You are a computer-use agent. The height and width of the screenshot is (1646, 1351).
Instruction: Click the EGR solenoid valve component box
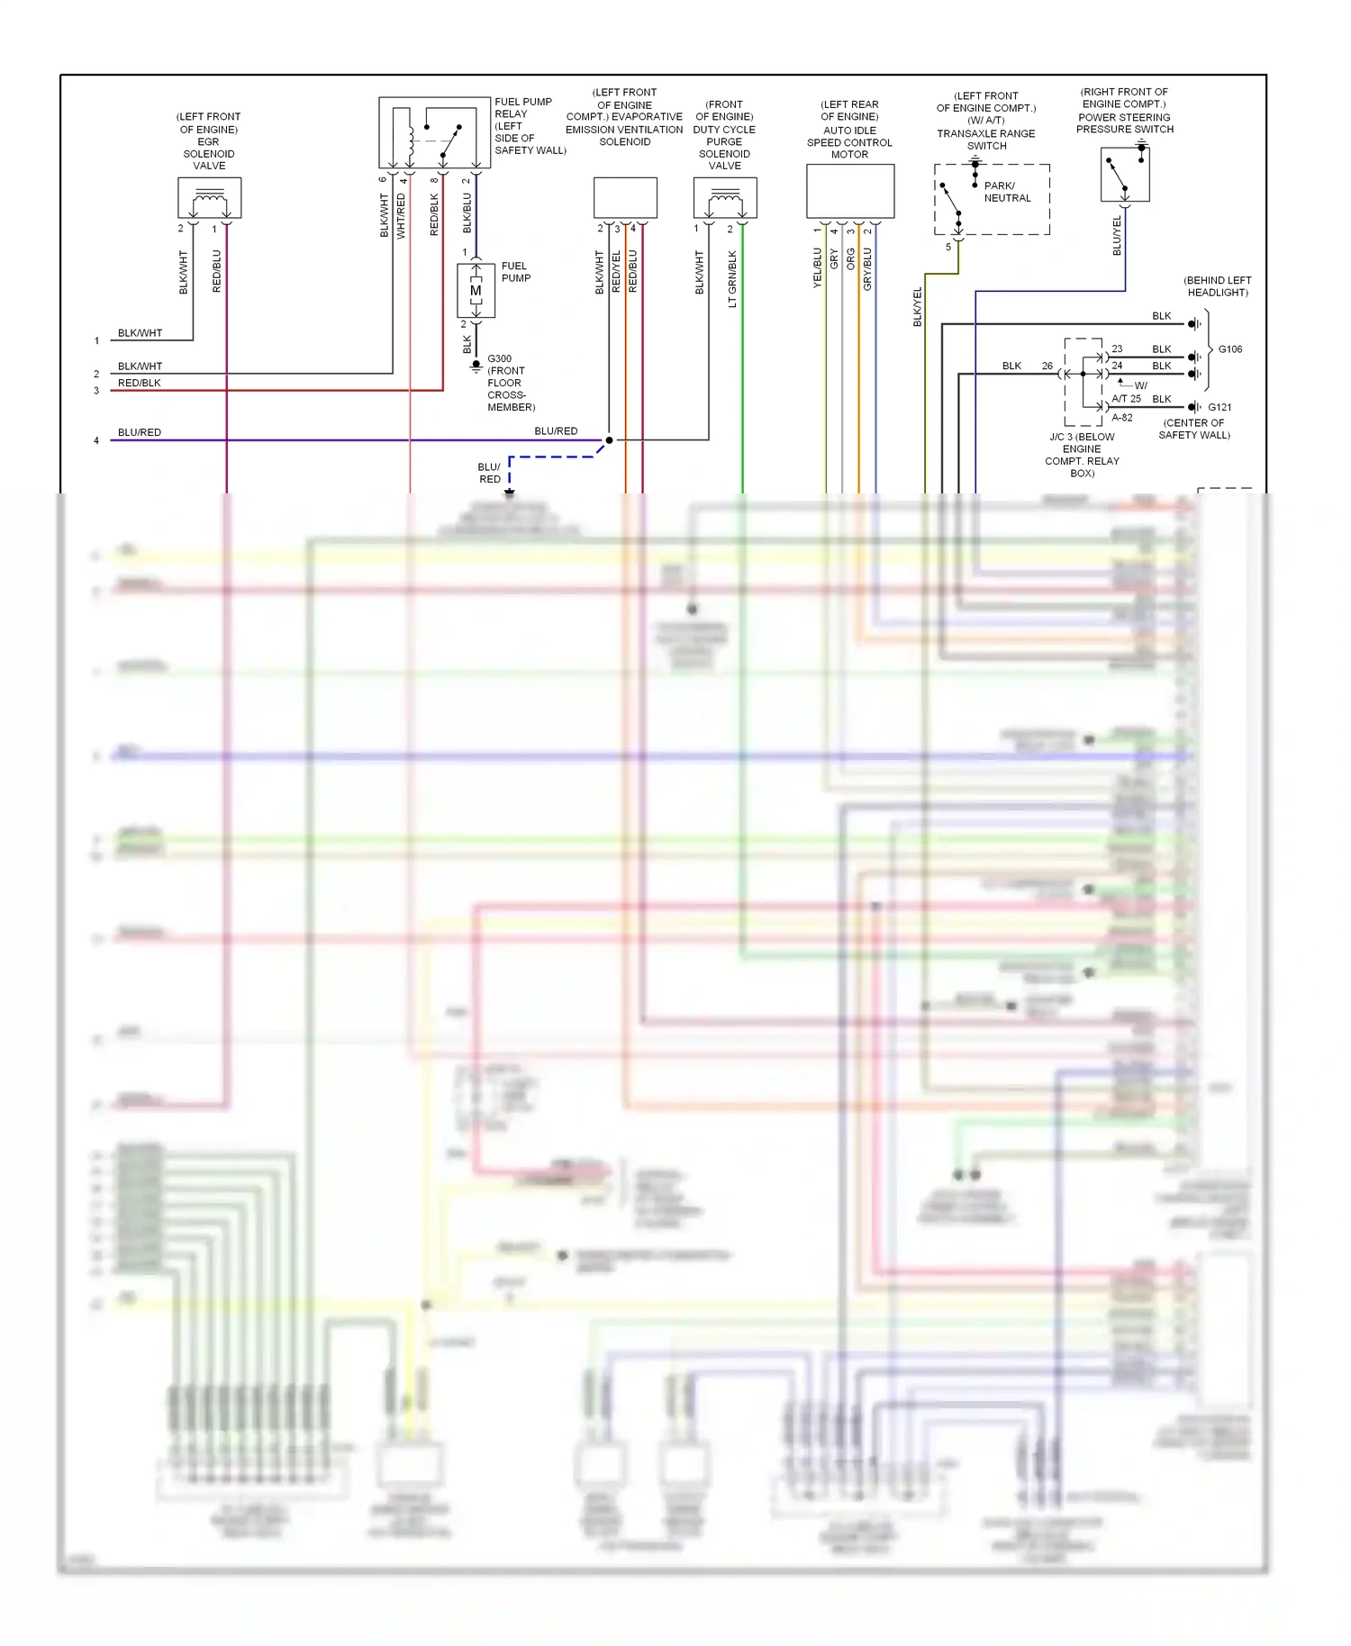point(209,197)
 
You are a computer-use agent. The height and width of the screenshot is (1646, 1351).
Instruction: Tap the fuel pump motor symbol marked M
point(476,290)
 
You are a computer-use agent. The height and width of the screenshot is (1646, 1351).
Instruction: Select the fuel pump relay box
point(434,132)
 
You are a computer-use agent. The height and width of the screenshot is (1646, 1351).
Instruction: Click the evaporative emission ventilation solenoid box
point(625,197)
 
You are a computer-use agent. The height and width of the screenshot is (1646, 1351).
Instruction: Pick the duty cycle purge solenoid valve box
point(725,197)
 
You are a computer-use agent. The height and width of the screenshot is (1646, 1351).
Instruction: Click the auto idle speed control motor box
point(850,191)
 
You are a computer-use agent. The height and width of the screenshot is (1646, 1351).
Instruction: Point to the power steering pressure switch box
point(1125,175)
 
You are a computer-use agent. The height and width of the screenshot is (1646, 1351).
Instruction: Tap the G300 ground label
point(500,358)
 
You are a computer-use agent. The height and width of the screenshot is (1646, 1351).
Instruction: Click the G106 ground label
point(1230,349)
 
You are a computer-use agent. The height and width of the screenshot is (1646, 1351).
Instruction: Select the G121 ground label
point(1220,407)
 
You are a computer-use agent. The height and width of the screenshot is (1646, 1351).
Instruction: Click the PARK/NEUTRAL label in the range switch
point(1006,192)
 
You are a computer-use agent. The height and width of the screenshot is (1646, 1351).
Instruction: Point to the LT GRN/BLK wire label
point(732,279)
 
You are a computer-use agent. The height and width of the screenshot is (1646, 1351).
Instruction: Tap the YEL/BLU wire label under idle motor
point(818,267)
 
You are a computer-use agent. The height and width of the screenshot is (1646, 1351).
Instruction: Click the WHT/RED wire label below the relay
point(402,216)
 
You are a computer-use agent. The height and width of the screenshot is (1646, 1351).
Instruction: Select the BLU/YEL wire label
point(1118,235)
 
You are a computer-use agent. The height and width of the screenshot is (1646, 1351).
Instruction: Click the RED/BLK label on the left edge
point(140,383)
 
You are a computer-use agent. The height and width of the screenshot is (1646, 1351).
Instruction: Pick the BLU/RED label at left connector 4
point(140,432)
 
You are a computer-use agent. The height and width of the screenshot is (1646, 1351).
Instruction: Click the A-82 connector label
point(1122,418)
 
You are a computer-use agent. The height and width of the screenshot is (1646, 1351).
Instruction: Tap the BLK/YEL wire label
point(918,306)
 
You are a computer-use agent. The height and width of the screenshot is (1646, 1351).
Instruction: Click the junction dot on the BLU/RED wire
point(609,440)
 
